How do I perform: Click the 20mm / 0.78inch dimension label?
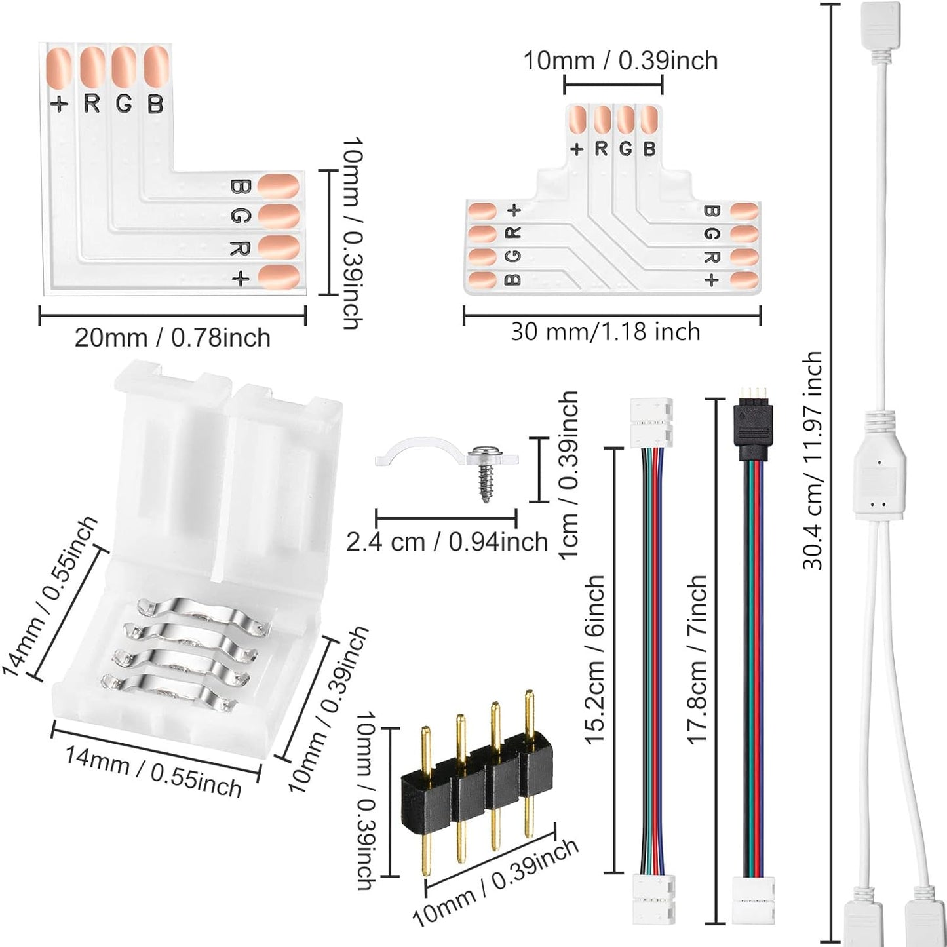click(x=172, y=338)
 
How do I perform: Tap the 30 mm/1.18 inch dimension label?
click(x=606, y=332)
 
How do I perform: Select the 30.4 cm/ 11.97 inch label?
click(x=813, y=459)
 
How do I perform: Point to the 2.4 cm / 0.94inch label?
click(x=447, y=542)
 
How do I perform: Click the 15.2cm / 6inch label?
click(x=594, y=659)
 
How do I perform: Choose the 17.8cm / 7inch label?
click(x=697, y=659)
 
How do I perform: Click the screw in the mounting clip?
click(x=485, y=472)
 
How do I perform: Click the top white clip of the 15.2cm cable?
click(x=651, y=423)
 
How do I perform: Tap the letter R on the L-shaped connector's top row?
click(x=92, y=104)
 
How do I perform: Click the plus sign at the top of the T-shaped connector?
click(x=577, y=149)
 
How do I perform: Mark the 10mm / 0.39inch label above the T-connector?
click(x=620, y=61)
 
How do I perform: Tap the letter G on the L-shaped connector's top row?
click(x=123, y=104)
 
